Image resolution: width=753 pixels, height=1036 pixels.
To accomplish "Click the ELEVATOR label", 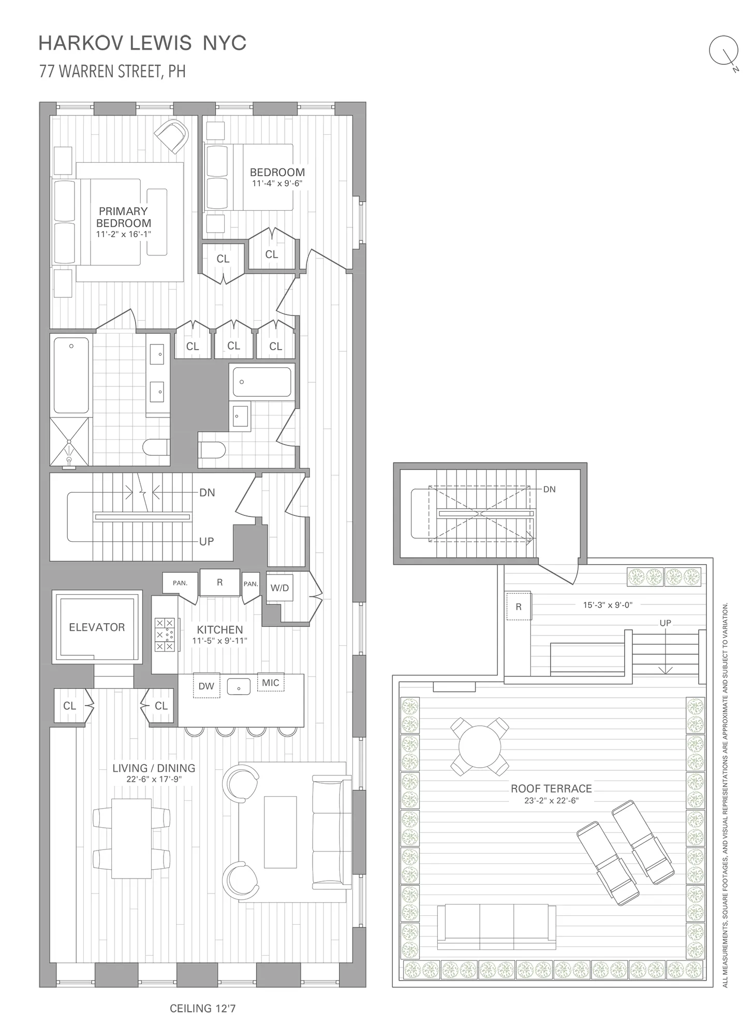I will click(x=97, y=627).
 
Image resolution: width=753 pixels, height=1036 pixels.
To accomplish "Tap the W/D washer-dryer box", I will click(x=279, y=588).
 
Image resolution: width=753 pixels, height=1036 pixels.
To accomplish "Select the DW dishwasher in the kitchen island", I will click(x=206, y=686).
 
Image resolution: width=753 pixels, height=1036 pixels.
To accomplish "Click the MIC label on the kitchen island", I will click(x=270, y=683).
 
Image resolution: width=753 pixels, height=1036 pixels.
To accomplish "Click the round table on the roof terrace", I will click(x=480, y=746).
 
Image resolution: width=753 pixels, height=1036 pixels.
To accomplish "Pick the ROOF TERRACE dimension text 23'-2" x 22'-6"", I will click(x=551, y=800).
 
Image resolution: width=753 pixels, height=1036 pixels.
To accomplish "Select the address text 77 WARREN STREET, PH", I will click(x=112, y=71).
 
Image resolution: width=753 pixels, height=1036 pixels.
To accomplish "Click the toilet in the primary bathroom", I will click(x=156, y=447).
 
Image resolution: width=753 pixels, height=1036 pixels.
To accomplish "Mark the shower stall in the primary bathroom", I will click(x=69, y=441).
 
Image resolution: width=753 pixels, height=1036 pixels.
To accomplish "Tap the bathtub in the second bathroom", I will click(x=262, y=382).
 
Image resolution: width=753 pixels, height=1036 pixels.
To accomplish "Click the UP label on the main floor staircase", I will click(x=206, y=541).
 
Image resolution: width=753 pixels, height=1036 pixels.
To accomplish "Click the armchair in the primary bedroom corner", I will click(x=173, y=136).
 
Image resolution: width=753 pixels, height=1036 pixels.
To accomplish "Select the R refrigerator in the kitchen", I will click(x=219, y=583).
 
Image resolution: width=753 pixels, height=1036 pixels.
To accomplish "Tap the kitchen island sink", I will click(x=239, y=687).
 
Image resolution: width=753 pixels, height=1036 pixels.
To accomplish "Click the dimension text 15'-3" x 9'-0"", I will click(x=607, y=605).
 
